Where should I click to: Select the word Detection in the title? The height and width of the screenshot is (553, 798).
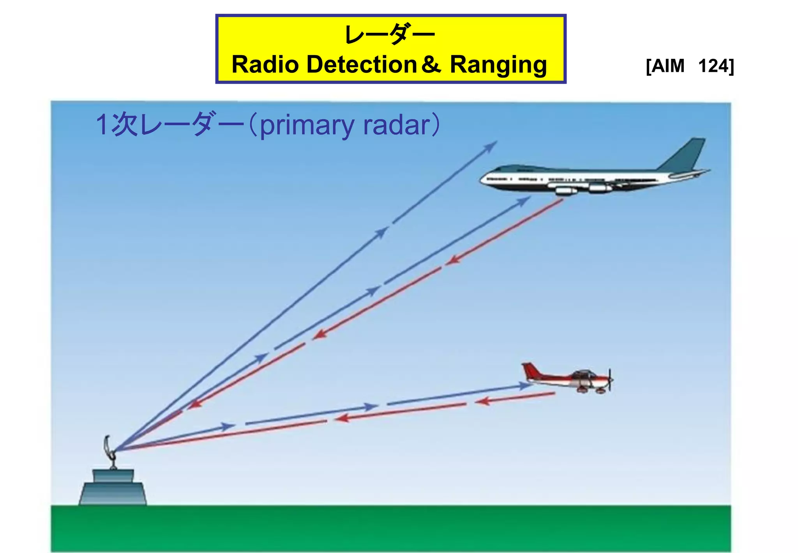tap(362, 64)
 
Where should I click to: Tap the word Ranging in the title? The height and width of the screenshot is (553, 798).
tap(498, 65)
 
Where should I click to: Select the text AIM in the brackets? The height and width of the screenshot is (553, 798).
tap(668, 66)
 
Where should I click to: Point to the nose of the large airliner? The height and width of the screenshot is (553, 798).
tap(483, 180)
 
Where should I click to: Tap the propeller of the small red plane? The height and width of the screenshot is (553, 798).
tap(610, 379)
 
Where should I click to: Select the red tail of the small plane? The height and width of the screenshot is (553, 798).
tap(530, 371)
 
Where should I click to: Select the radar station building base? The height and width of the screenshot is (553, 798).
tap(113, 493)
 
